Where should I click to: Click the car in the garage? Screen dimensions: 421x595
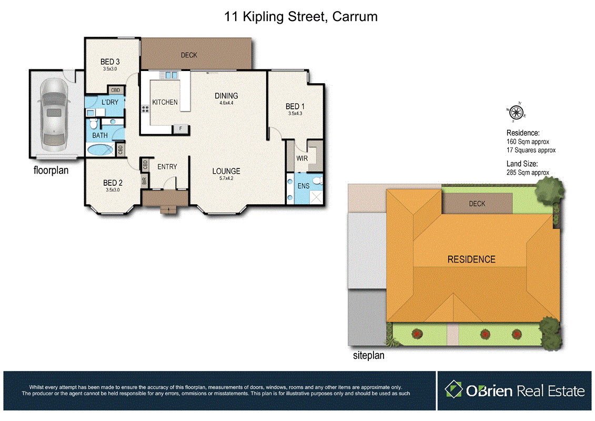coord(53,113)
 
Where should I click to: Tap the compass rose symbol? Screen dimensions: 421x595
coord(517,111)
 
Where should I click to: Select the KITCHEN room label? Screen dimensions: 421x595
coord(165,102)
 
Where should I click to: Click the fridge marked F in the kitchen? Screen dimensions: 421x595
coord(181,128)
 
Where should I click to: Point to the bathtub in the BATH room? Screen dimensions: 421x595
coord(100,150)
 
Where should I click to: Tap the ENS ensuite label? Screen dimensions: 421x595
coord(304,186)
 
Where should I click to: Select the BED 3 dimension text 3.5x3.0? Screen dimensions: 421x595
coord(110,69)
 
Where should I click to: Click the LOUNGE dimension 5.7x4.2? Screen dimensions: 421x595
coord(226,179)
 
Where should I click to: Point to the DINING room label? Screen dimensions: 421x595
coord(226,96)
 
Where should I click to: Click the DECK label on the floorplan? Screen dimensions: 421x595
coord(188,55)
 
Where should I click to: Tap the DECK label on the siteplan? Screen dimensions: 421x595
coord(477,204)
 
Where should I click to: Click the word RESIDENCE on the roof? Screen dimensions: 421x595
coord(471,259)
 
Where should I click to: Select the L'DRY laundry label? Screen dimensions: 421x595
coord(110,102)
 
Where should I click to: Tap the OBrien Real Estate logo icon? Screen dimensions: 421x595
coord(453,390)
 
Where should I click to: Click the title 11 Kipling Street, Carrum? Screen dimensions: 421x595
coord(300,17)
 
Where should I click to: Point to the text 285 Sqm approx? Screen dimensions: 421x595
coord(528,173)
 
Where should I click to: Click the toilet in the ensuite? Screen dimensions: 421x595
coord(316,182)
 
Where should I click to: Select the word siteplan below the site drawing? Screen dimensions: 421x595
coord(368,356)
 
